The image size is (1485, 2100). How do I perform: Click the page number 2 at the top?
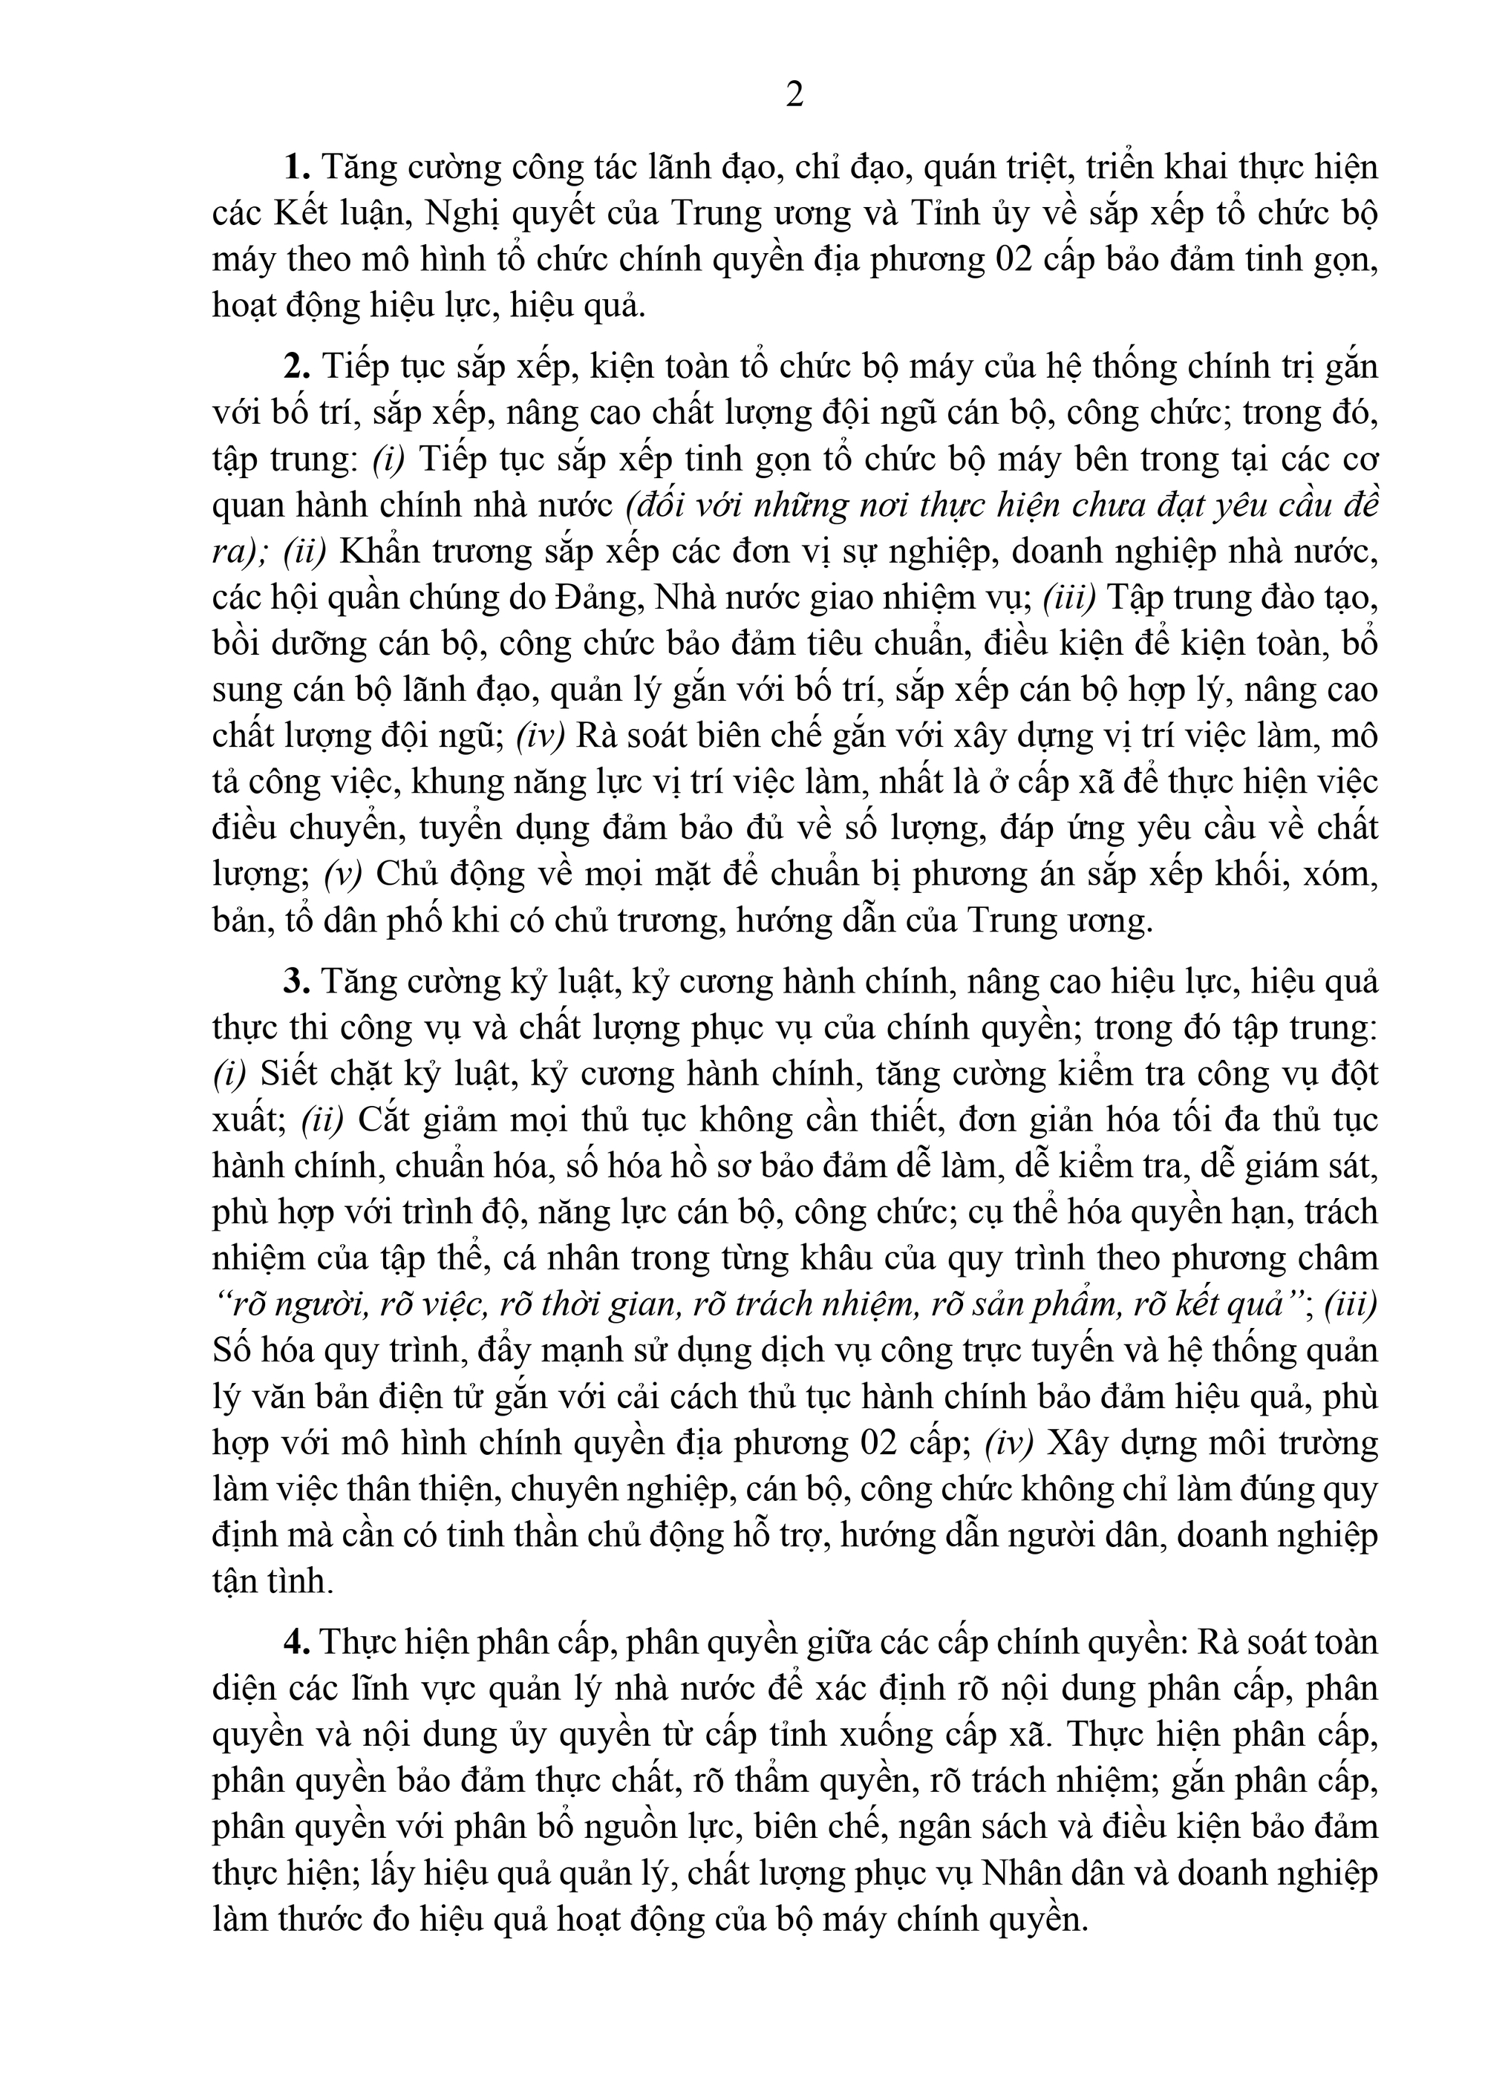(794, 95)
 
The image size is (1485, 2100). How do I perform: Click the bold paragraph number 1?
(296, 169)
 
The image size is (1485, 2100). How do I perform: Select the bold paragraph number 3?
(296, 981)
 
